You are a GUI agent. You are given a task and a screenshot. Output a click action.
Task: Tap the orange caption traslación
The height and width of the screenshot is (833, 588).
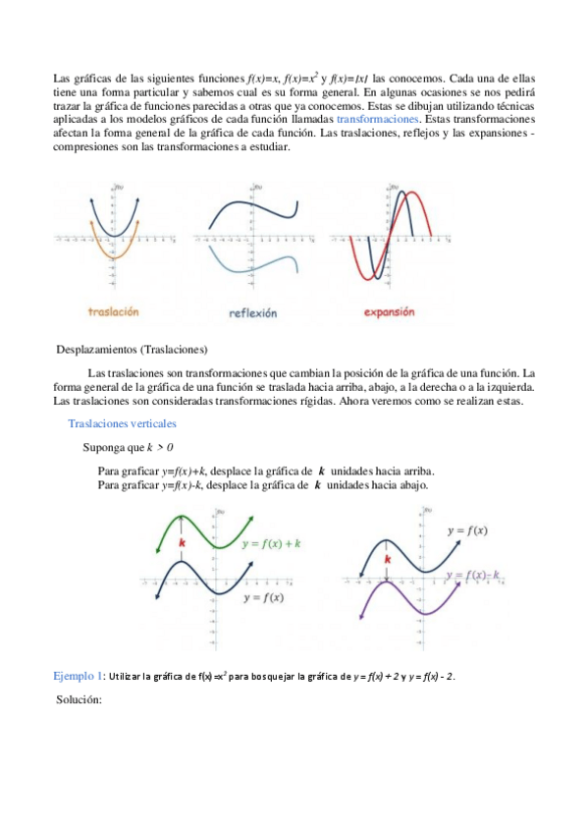(113, 311)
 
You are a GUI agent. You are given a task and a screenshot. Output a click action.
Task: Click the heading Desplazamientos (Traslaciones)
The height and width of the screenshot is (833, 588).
(133, 349)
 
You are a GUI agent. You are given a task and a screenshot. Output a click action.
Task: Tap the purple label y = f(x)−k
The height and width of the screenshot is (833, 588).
(473, 574)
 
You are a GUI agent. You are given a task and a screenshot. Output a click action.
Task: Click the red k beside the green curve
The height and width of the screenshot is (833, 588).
(182, 541)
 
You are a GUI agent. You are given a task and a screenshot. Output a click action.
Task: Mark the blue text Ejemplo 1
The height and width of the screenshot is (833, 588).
(78, 677)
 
